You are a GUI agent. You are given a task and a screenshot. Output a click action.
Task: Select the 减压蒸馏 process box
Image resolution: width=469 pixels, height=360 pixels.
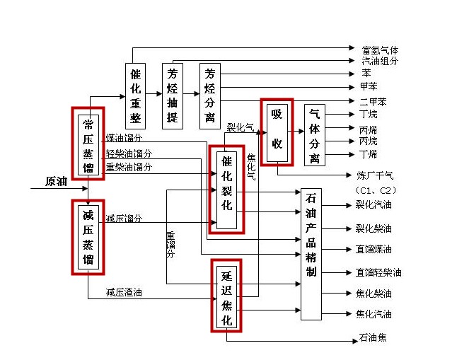pyautogui.click(x=88, y=236)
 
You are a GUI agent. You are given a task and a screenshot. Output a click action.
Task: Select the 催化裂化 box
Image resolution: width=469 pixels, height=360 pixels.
pyautogui.click(x=226, y=188)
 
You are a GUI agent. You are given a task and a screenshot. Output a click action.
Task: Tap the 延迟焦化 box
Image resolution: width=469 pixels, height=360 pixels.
pyautogui.click(x=226, y=295)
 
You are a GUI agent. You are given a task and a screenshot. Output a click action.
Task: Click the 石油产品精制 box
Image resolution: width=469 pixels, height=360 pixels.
pyautogui.click(x=311, y=254)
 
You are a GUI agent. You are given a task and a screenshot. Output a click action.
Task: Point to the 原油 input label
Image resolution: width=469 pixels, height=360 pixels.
pyautogui.click(x=56, y=182)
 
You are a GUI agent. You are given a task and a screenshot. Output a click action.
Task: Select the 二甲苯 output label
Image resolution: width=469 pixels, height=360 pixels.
pyautogui.click(x=373, y=102)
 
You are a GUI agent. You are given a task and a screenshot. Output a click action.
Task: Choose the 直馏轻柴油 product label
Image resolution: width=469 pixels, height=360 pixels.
pyautogui.click(x=378, y=272)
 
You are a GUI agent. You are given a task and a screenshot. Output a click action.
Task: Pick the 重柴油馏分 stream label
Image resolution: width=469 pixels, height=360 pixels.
pyautogui.click(x=129, y=167)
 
